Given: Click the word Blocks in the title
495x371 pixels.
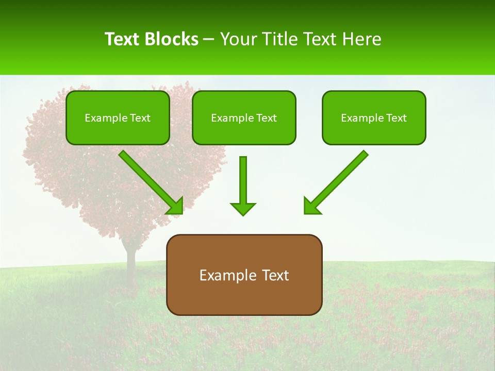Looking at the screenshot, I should click(172, 39).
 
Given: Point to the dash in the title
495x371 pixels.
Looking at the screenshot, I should click(209, 40).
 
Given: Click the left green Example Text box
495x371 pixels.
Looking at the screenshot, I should click(118, 117).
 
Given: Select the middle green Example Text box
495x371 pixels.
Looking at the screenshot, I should click(244, 117).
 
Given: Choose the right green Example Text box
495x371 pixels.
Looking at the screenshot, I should click(374, 117).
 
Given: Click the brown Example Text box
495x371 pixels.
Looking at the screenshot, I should click(244, 275).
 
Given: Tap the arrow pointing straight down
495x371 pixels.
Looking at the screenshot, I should click(243, 183).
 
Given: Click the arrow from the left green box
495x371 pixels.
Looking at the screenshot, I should click(150, 180).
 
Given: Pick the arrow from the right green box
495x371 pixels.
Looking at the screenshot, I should click(338, 180).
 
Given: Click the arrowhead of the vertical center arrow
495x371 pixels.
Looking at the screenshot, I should click(243, 208).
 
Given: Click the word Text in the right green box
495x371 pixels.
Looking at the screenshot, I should click(397, 118).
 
